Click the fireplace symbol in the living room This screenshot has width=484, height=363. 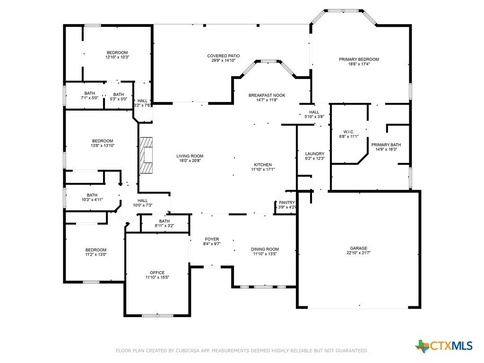point(147,155)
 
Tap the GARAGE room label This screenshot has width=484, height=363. point(358,248)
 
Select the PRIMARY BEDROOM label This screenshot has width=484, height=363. point(359,59)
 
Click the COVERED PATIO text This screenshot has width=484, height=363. point(223,56)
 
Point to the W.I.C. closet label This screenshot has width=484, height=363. point(349,132)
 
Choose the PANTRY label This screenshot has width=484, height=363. point(287,202)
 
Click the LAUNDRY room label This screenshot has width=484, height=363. point(314,154)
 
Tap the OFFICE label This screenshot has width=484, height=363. point(157,273)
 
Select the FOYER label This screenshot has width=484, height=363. point(212,239)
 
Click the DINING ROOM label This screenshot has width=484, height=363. point(265,249)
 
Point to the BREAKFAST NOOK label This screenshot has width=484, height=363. point(267,95)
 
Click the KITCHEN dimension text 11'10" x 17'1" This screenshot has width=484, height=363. point(263,169)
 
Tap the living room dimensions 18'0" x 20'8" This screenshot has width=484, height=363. point(190,161)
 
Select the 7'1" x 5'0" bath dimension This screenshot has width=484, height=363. point(89,98)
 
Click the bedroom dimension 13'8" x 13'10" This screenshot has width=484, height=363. point(103,146)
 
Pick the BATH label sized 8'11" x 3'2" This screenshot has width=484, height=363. point(164,221)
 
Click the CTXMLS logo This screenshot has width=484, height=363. point(444,346)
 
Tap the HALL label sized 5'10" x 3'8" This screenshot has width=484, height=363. point(314,112)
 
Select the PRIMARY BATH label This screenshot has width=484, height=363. point(386,145)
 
